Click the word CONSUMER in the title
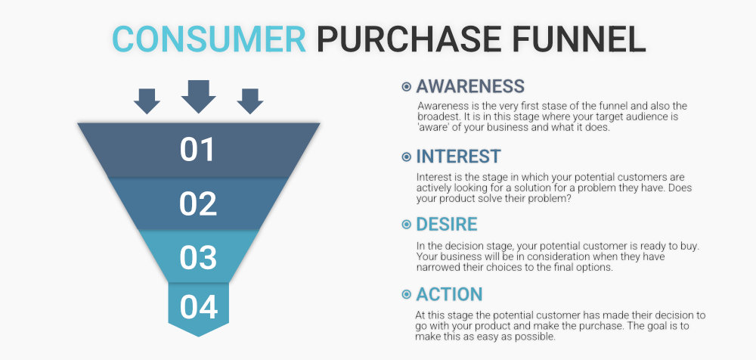[x=209, y=39]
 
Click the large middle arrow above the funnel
[x=199, y=97]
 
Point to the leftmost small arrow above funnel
[x=147, y=101]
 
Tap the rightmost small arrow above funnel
[x=249, y=101]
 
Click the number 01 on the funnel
[x=197, y=150]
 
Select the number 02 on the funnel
[x=198, y=203]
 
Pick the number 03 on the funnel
[x=198, y=258]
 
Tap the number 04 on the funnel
[x=199, y=307]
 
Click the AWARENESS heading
[x=470, y=86]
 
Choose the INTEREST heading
[x=459, y=157]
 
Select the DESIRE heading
[x=447, y=225]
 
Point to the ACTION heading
[x=449, y=294]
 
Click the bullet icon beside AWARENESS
[x=407, y=87]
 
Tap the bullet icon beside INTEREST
[x=407, y=157]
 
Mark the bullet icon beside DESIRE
[x=407, y=225]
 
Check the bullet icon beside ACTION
[x=407, y=294]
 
